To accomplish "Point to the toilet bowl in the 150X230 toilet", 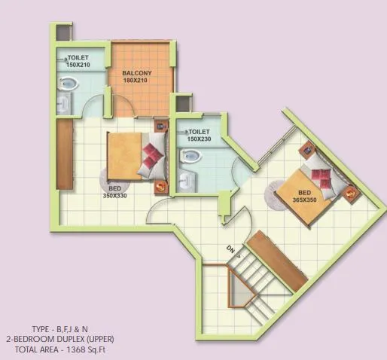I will coord(192,157).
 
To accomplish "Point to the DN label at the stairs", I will coord(230,249).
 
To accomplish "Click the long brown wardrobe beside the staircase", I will coord(278,260).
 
